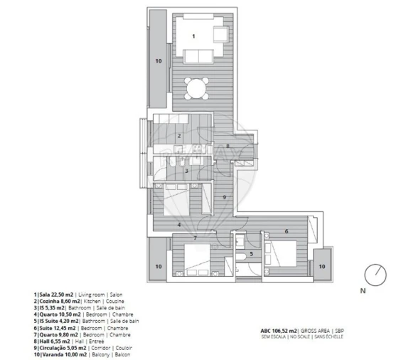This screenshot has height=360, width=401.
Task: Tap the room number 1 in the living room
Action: (193, 35)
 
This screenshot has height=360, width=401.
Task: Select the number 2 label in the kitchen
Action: (180, 135)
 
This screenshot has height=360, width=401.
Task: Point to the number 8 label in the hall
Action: (228, 146)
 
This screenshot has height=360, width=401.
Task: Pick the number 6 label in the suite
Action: (286, 231)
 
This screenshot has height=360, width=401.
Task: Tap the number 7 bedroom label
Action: (194, 237)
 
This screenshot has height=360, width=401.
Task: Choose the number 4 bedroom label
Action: (179, 225)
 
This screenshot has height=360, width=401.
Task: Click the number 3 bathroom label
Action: (186, 171)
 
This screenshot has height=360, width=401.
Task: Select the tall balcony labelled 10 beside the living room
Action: (159, 62)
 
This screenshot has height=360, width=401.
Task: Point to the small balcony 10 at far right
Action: (321, 266)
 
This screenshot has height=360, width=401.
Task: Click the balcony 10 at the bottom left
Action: (159, 267)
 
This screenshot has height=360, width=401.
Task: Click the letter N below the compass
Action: (361, 291)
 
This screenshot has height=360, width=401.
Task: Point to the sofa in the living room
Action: (201, 56)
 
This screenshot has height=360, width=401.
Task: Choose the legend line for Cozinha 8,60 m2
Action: (77, 301)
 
